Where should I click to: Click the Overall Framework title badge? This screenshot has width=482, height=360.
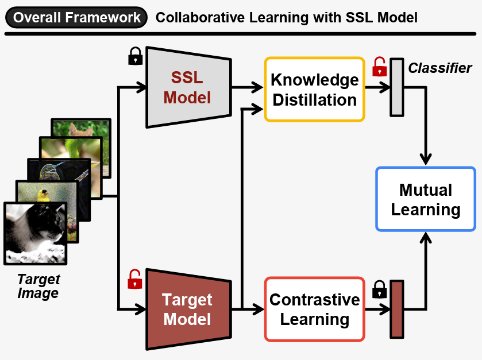point(76,17)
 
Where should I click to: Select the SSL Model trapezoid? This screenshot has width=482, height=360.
point(187,87)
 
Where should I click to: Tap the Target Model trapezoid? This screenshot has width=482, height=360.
point(187,309)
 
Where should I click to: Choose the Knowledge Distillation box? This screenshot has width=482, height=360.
point(314,89)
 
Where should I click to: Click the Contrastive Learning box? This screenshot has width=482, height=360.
point(314,309)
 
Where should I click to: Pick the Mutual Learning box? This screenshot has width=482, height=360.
point(426,199)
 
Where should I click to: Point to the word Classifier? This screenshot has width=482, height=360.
point(440,68)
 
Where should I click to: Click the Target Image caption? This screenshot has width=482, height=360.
point(38,286)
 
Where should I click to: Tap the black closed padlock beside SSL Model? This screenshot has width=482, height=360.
point(136,56)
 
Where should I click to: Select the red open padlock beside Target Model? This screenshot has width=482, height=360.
point(135,279)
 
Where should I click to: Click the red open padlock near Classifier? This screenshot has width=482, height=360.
point(379,67)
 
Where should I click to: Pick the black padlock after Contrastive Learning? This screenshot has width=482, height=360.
point(379,289)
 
